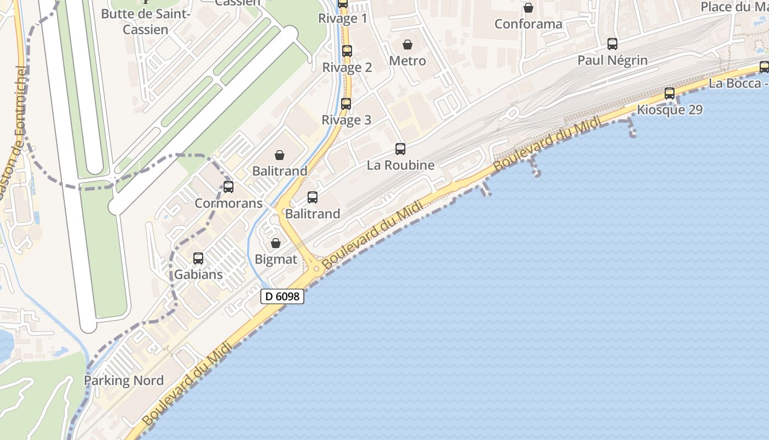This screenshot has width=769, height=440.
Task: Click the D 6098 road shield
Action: coord(282,296)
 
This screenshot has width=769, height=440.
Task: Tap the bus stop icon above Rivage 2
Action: coord(347,51)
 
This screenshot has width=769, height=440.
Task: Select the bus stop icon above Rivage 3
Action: coord(346,103)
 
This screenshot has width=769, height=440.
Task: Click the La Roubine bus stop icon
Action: coord(400,148)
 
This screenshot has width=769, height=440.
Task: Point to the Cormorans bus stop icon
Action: coord(229,186)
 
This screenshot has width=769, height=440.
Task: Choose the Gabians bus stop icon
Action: coord(198,258)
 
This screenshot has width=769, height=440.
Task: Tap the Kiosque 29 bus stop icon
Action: coord(669,94)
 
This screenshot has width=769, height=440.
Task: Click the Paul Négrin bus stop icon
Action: coord(612,44)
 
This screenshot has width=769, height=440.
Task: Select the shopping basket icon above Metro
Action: coord(408,45)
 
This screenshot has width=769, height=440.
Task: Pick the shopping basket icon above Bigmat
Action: coord(276,243)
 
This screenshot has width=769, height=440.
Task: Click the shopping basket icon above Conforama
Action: coord(528,8)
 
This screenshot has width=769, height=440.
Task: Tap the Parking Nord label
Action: coord(124,381)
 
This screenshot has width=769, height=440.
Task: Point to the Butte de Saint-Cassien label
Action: coord(146,21)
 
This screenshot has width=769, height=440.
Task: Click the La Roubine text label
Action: coord(400,165)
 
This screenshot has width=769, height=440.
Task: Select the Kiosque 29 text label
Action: coord(670,110)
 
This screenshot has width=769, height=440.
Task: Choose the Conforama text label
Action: coord(528,24)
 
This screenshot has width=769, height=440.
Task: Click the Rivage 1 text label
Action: coord(343,19)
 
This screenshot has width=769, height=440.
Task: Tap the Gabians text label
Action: coord(198,274)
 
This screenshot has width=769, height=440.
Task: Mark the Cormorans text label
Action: coord(229,203)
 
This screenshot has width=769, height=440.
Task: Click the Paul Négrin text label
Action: coord(612,61)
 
